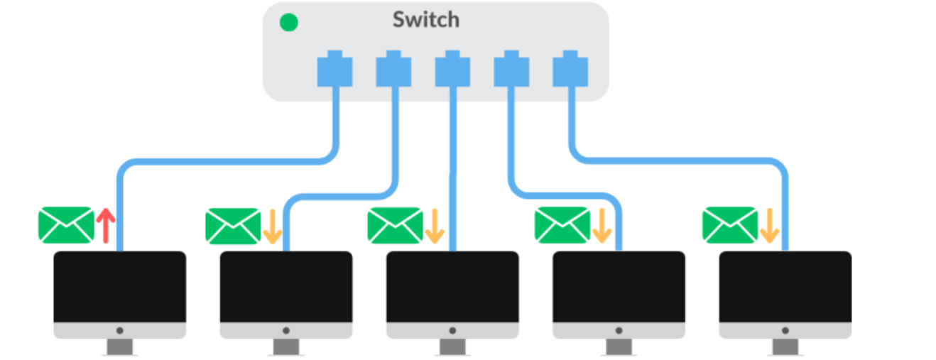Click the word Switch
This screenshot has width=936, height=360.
[x=426, y=20]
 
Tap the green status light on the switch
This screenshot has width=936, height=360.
[x=289, y=22]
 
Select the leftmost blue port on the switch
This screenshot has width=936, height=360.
[x=334, y=69]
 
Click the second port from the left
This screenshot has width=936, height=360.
[x=393, y=69]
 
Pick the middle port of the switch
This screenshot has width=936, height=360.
[x=452, y=69]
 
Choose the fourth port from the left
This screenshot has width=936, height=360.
[x=511, y=69]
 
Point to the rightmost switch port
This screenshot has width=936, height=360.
[x=570, y=69]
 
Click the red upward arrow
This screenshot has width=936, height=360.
[x=106, y=226]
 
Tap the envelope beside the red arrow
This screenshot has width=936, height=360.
[x=66, y=224]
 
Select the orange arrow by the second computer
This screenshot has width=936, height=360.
[x=273, y=227]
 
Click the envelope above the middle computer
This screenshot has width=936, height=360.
[x=395, y=225]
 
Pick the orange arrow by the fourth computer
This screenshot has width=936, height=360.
[x=602, y=226]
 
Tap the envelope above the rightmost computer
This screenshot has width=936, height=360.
[x=730, y=224]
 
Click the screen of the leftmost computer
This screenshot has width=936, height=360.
[x=120, y=286]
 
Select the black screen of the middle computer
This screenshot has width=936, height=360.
[x=452, y=286]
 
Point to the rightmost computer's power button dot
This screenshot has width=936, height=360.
[x=785, y=331]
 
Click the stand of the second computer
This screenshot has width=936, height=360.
[x=286, y=347]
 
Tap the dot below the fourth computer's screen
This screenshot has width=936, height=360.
[x=619, y=331]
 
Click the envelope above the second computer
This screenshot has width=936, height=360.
[x=233, y=226]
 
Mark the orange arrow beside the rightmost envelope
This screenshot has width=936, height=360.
[x=769, y=226]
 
